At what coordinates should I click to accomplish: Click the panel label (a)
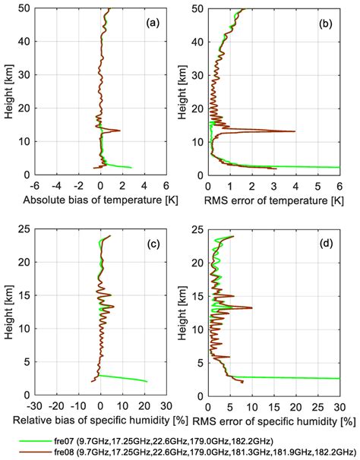(x=152, y=23)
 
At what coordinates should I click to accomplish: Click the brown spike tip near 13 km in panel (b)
(x=295, y=131)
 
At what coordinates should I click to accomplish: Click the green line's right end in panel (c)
(x=147, y=381)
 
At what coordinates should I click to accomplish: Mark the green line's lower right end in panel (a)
(x=132, y=167)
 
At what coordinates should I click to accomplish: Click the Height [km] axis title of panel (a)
(x=8, y=91)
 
